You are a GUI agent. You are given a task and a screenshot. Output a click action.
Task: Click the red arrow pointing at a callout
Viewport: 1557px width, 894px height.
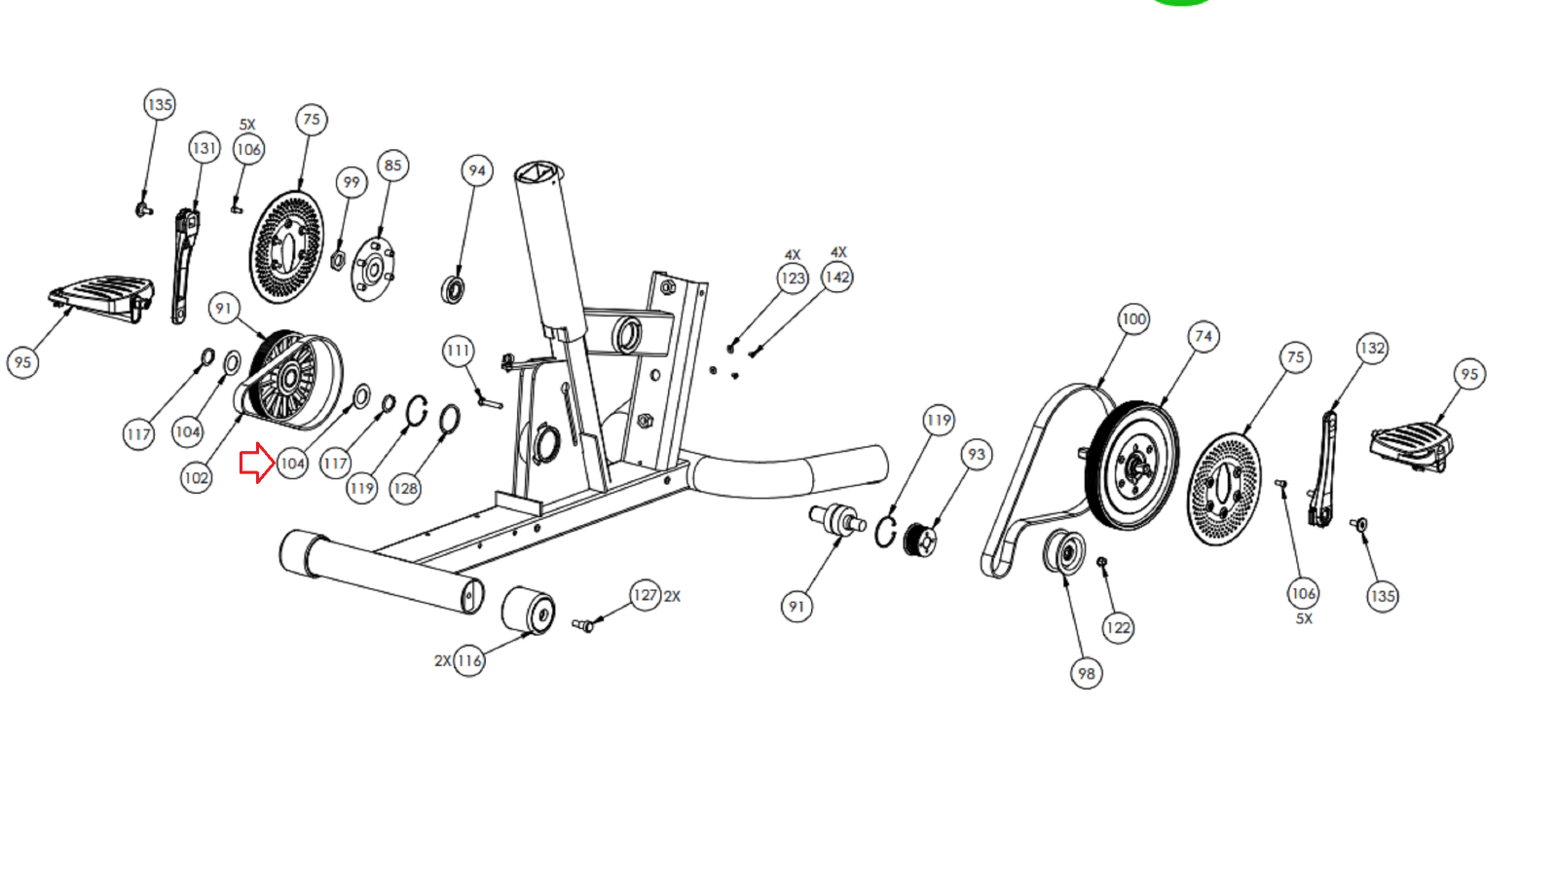[x=257, y=463]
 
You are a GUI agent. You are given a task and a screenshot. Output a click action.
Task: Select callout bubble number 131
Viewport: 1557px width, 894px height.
[x=204, y=148]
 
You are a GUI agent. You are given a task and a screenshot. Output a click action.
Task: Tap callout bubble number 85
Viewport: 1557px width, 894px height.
[x=392, y=166]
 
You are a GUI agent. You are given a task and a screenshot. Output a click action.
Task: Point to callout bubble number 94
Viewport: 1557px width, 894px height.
[x=476, y=170]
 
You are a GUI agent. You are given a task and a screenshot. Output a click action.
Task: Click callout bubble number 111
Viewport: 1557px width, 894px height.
[x=459, y=351]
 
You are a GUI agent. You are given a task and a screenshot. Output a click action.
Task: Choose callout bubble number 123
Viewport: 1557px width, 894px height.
[x=793, y=279]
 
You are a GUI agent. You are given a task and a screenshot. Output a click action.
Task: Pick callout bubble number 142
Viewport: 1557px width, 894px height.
[x=837, y=278]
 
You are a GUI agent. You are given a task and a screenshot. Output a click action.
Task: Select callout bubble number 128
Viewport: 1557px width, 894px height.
[x=405, y=488]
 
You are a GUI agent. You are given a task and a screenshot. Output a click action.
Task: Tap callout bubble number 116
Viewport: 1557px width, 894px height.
[x=469, y=661]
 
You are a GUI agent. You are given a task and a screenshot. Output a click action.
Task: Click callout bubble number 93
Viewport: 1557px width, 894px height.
[x=976, y=454]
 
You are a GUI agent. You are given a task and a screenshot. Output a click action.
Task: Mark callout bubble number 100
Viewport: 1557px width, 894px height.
[x=1133, y=319]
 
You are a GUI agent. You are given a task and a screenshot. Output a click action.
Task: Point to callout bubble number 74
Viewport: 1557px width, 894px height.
[x=1204, y=337]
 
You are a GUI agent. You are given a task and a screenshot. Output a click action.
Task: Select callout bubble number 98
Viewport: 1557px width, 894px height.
[x=1086, y=673]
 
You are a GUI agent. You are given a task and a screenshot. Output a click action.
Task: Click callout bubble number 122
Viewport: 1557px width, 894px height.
[x=1118, y=628]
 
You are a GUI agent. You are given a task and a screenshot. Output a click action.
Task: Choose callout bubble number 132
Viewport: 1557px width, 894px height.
[x=1372, y=348]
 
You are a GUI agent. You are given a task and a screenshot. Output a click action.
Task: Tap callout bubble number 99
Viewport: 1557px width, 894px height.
[x=352, y=182]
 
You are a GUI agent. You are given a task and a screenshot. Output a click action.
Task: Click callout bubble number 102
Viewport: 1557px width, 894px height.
[x=196, y=477]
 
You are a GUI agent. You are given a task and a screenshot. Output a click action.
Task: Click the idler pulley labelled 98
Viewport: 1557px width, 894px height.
[x=1064, y=552]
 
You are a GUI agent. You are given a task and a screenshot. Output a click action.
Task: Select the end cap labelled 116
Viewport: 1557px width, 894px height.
[x=528, y=610]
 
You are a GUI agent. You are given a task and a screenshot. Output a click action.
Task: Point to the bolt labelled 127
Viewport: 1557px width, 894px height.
[x=583, y=625]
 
